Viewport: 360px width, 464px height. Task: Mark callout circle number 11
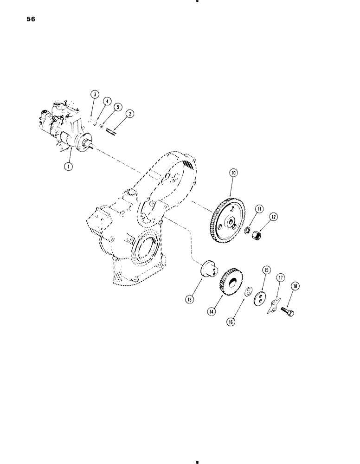pyautogui.click(x=257, y=209)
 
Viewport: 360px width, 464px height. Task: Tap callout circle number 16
pyautogui.click(x=231, y=321)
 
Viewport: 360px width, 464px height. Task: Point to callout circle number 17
pyautogui.click(x=280, y=278)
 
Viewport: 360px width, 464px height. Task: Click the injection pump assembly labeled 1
pyautogui.click(x=65, y=125)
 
